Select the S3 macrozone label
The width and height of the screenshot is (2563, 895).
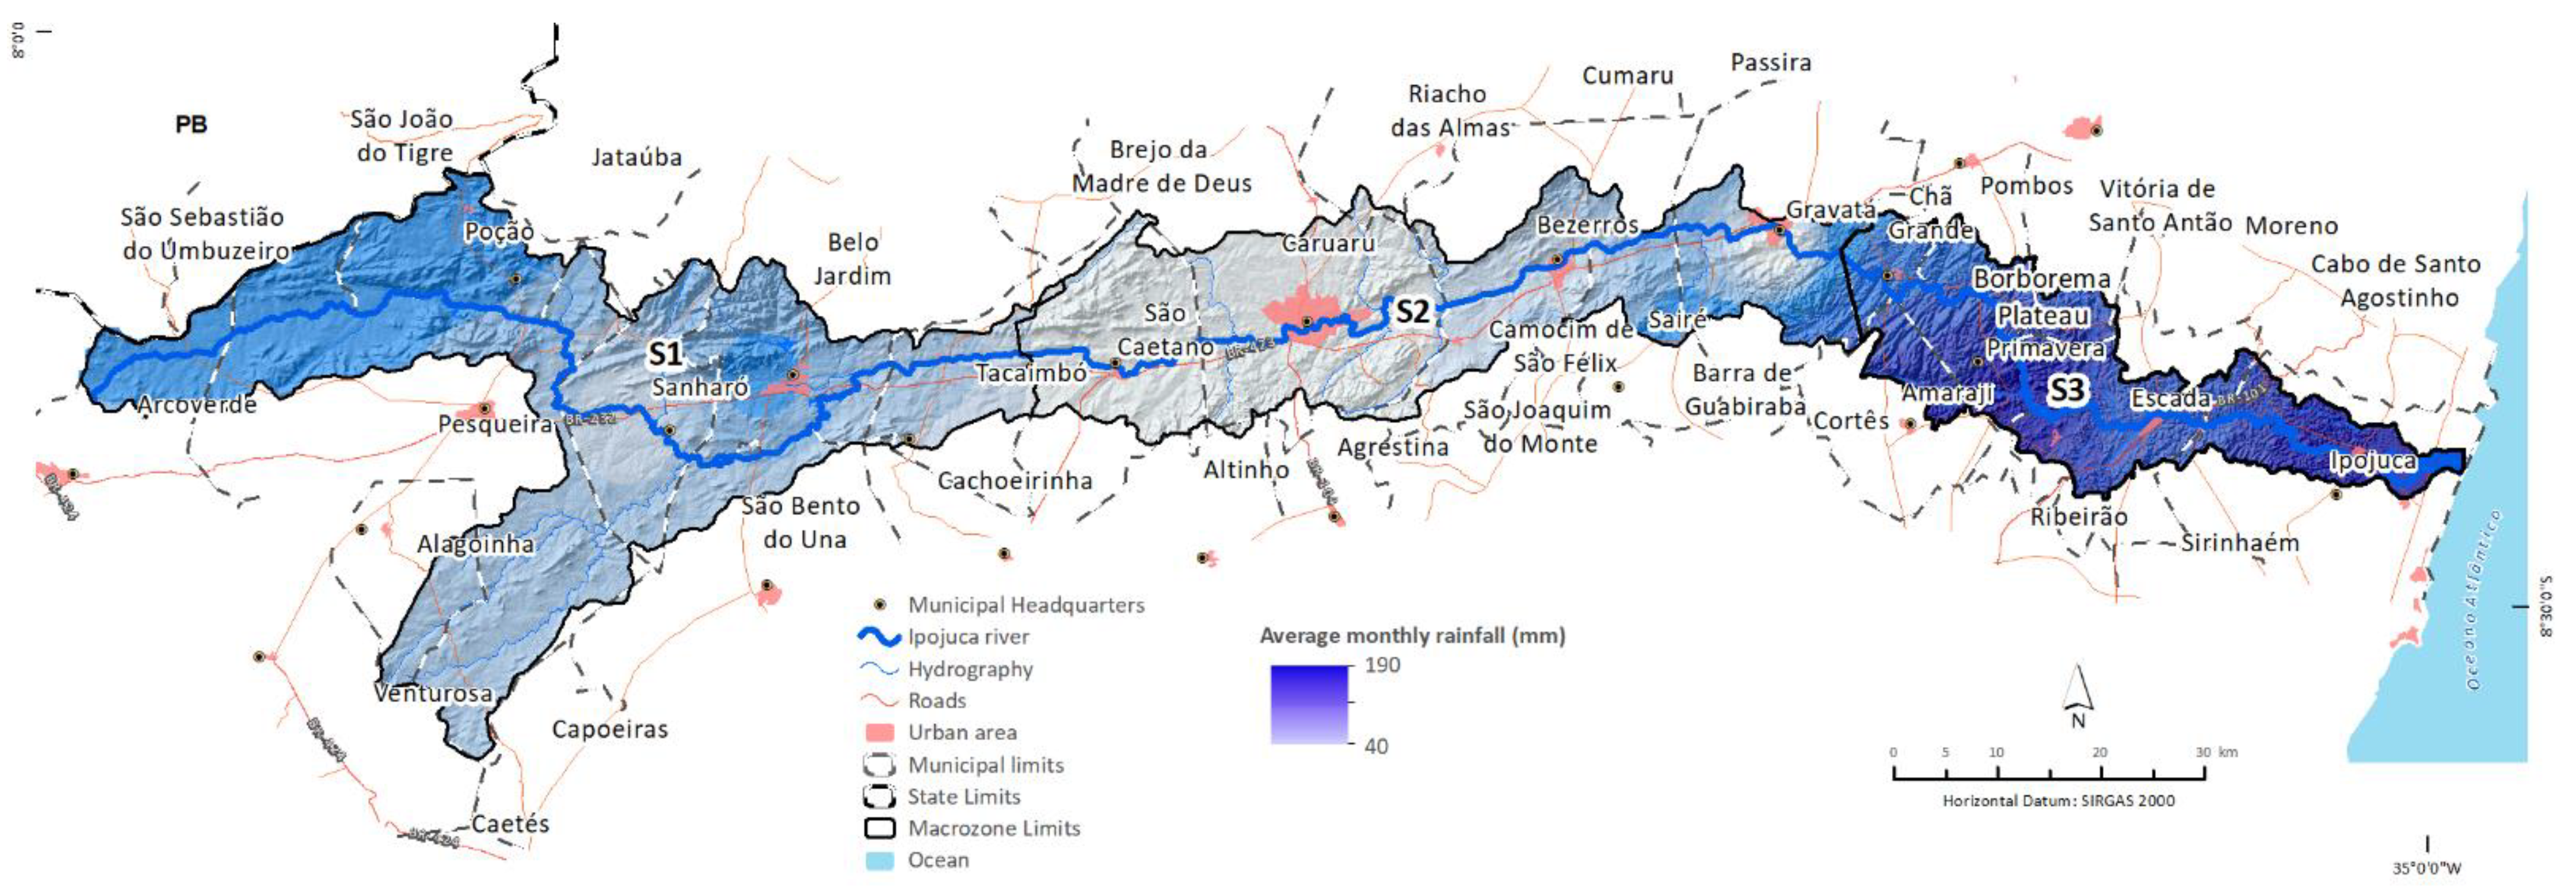pyautogui.click(x=2065, y=390)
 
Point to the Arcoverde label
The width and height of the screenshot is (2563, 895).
pyautogui.click(x=197, y=405)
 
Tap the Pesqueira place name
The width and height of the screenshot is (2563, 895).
pyautogui.click(x=495, y=425)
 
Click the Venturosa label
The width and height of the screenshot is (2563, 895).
pyautogui.click(x=433, y=693)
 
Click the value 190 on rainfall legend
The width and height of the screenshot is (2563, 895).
pyautogui.click(x=1382, y=665)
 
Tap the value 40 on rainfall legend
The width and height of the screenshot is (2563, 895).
pyautogui.click(x=1376, y=746)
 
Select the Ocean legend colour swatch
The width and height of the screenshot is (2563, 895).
pyautogui.click(x=879, y=860)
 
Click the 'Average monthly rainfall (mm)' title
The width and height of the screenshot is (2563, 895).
pyautogui.click(x=1412, y=636)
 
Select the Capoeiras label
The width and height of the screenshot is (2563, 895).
pyautogui.click(x=610, y=729)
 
